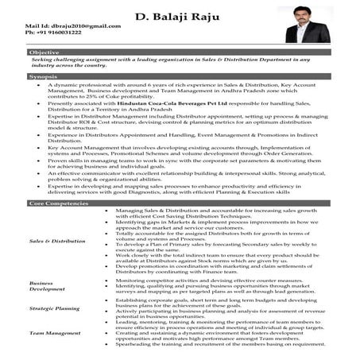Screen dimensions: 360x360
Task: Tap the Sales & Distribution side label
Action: point(56,239)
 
